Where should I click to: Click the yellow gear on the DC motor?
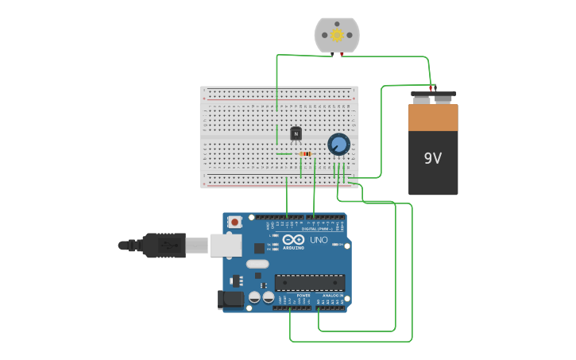[337, 35]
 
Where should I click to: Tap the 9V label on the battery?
[432, 158]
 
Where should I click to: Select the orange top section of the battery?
[433, 117]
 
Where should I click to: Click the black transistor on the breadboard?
[296, 134]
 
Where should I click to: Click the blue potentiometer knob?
[338, 144]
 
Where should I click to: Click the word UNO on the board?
[318, 240]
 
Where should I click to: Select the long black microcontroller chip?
[310, 283]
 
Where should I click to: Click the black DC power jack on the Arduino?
[230, 300]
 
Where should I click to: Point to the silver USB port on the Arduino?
[226, 246]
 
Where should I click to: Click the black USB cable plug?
[164, 246]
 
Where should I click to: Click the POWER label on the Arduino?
[303, 296]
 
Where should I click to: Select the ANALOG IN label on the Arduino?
[331, 296]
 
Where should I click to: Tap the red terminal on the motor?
[342, 54]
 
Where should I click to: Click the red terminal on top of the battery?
[431, 87]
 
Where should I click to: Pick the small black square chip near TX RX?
[259, 248]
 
